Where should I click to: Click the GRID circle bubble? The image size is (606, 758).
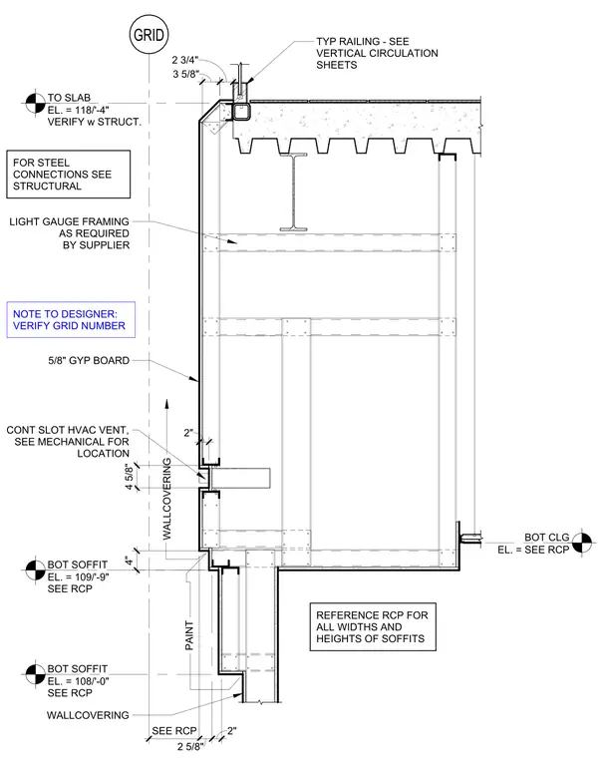(149, 35)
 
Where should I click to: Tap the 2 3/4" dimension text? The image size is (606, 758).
(185, 60)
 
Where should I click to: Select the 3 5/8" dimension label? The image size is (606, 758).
(186, 74)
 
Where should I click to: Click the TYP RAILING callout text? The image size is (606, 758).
(377, 53)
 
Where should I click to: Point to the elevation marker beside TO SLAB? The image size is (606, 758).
(35, 103)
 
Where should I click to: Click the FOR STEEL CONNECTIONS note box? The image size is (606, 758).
(68, 174)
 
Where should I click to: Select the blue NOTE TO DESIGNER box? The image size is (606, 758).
(71, 319)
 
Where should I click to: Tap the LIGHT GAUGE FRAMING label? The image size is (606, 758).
(70, 233)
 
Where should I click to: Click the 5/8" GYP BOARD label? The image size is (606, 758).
(89, 360)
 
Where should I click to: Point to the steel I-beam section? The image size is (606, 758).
(293, 191)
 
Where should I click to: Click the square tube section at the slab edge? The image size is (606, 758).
(240, 112)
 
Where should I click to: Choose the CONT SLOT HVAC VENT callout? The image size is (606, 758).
(68, 442)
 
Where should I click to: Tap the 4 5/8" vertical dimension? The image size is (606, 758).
(129, 477)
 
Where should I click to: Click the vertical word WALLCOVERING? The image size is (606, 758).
(166, 499)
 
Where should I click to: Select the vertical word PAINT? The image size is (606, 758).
(189, 635)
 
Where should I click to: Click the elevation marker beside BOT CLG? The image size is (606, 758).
(582, 543)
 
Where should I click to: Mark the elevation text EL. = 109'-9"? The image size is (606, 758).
(79, 576)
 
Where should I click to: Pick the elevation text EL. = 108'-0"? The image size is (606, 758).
(79, 681)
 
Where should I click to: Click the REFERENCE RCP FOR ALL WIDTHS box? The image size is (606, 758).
(373, 626)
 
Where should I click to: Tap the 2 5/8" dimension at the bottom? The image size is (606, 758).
(190, 746)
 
